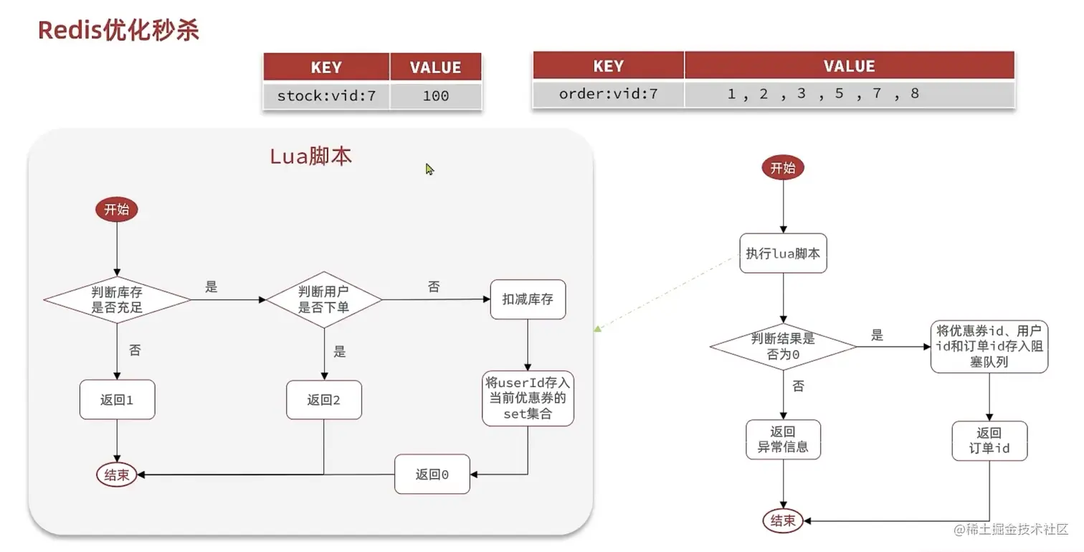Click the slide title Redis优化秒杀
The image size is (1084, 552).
tap(118, 30)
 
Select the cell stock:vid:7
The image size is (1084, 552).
tap(326, 95)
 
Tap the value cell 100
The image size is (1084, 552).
tap(435, 95)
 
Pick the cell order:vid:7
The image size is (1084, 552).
tap(608, 93)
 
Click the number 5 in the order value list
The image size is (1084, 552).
tap(839, 93)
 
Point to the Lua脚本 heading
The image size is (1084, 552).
tap(310, 156)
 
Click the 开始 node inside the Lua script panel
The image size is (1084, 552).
tap(116, 210)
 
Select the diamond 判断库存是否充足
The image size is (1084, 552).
tap(117, 299)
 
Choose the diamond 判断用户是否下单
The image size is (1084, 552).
tap(324, 299)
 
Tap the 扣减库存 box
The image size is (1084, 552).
tap(528, 299)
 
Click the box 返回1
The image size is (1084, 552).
tap(117, 400)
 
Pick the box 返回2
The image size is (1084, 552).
tap(324, 400)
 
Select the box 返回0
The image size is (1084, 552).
tap(432, 474)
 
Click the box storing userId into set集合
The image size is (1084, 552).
tap(528, 399)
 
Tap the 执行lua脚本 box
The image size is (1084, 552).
tap(783, 253)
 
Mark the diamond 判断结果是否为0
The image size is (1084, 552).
tap(783, 347)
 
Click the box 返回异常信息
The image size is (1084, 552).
tap(783, 439)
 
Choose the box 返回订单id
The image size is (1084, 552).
tap(989, 440)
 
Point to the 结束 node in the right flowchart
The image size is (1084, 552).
tap(783, 520)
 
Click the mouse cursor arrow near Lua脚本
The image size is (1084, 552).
tap(429, 169)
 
